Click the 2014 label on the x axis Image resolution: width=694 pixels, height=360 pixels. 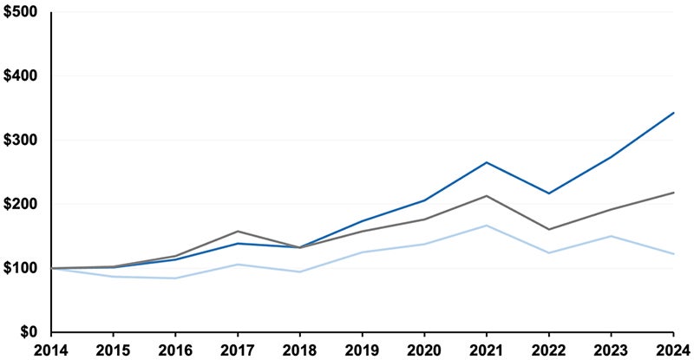coord(51,350)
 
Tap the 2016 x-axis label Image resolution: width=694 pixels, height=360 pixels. coord(175,350)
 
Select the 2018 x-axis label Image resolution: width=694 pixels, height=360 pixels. coord(300,350)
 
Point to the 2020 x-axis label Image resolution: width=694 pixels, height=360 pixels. coord(424,350)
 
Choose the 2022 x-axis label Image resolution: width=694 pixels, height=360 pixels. coord(549,350)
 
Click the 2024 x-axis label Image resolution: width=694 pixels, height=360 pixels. coord(672,350)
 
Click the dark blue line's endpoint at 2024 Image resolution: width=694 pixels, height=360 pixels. coord(674,113)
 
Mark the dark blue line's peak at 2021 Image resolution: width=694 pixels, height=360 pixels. coord(487,162)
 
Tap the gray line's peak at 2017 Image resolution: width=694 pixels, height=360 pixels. coord(238,232)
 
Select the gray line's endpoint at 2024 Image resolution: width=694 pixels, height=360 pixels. coord(674,193)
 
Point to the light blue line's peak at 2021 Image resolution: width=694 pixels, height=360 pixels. coord(487,226)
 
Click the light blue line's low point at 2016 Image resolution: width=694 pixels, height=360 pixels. coord(175,278)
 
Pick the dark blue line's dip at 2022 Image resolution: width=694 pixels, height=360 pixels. coord(549,193)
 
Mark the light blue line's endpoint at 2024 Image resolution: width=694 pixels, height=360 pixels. coord(674,253)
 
